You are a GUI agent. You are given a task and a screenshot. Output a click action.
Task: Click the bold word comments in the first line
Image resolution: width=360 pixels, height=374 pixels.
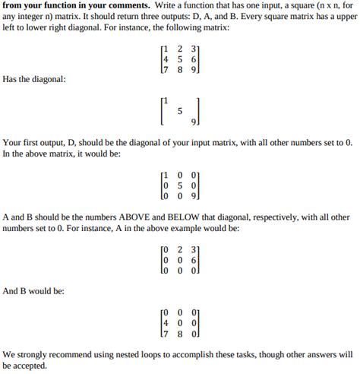click(125, 5)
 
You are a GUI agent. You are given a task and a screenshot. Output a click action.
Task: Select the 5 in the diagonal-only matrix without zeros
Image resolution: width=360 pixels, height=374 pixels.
click(180, 111)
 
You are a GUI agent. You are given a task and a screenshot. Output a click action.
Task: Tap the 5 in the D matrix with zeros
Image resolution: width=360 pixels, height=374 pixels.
click(180, 185)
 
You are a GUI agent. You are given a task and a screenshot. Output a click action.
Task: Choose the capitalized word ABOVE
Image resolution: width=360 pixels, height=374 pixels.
click(140, 217)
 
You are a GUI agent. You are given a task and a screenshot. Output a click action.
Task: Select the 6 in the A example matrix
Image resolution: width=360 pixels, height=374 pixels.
click(194, 258)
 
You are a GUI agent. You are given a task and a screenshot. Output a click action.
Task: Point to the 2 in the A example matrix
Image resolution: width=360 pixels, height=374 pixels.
click(180, 249)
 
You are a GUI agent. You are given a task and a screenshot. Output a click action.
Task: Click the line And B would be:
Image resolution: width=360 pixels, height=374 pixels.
click(33, 290)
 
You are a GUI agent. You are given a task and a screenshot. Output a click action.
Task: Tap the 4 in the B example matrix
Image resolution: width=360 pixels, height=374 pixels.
click(166, 322)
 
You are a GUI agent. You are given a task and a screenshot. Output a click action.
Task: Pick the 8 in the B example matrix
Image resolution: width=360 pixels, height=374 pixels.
click(180, 331)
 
